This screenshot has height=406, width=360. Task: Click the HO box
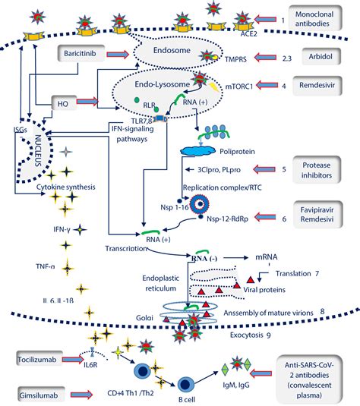tap(64, 101)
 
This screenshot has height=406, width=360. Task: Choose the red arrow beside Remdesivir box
tap(282, 87)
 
